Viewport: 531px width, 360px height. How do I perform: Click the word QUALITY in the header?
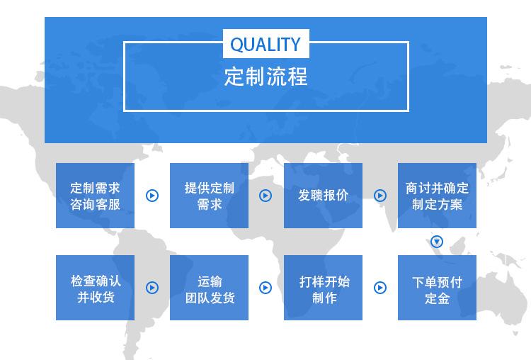point(265,44)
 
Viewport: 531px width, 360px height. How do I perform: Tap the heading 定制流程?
point(265,77)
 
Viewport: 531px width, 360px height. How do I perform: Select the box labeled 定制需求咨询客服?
point(95,196)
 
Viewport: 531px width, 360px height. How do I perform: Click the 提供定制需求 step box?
point(210,196)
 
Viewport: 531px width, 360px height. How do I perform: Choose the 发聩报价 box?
point(323,196)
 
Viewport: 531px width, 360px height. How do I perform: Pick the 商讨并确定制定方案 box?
point(438,196)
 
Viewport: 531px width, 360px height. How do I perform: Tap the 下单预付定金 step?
point(438,288)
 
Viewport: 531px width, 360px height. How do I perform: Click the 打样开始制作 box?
point(323,288)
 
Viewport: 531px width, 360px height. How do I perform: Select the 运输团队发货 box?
point(210,288)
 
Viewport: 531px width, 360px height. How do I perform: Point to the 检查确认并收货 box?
point(95,288)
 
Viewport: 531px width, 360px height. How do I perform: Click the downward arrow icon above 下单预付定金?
point(437,242)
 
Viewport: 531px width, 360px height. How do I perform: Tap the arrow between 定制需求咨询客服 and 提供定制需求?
point(152,196)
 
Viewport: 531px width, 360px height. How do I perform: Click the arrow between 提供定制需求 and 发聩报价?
point(265,196)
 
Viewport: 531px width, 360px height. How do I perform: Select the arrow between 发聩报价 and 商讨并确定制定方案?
point(380,196)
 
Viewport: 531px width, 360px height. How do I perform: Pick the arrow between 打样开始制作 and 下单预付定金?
point(380,288)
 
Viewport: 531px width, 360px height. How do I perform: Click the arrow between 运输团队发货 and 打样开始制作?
point(265,288)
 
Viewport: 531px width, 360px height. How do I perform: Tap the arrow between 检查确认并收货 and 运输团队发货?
point(152,288)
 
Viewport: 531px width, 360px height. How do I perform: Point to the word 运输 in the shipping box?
point(210,281)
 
